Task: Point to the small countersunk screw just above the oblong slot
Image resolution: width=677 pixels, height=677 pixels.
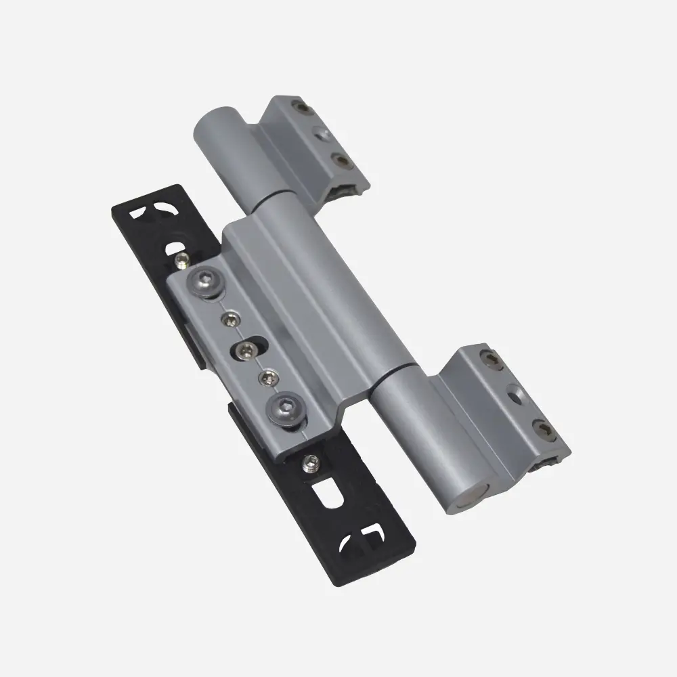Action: (x=231, y=317)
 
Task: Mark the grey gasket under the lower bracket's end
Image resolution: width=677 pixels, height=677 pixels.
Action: (x=549, y=463)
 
